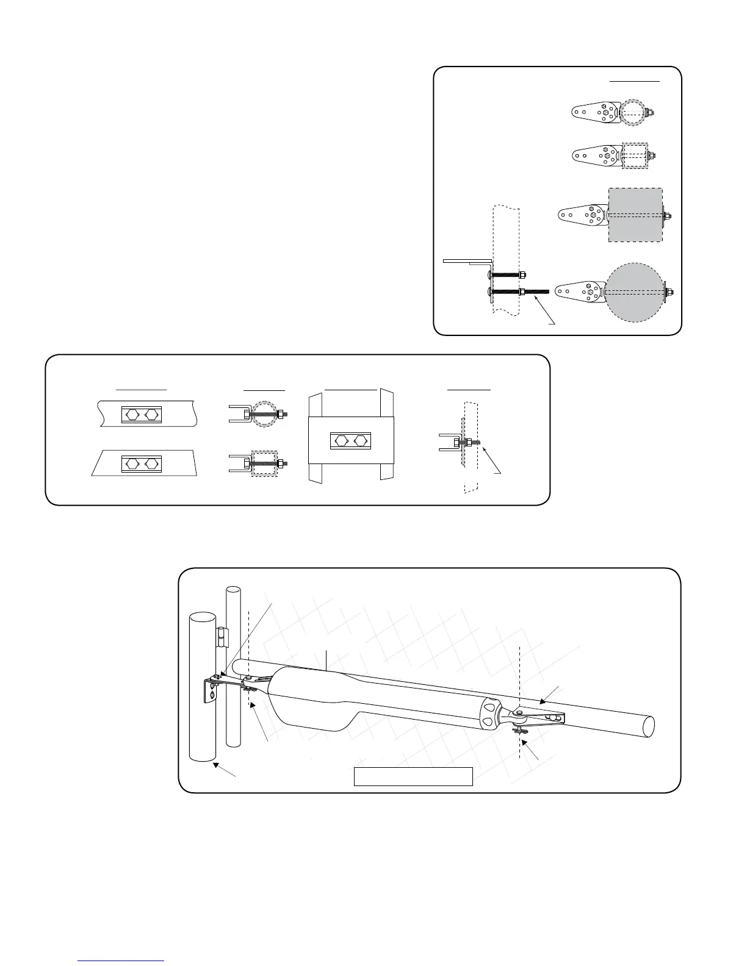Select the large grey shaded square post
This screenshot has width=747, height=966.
click(635, 215)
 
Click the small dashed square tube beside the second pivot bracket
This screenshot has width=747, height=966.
click(633, 156)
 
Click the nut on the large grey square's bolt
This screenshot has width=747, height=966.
click(669, 215)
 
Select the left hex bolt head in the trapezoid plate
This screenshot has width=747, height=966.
click(132, 463)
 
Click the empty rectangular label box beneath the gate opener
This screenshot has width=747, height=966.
click(414, 776)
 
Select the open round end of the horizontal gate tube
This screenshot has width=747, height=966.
click(648, 726)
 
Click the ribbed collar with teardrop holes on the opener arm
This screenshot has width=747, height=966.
click(489, 714)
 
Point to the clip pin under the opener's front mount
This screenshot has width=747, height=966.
click(521, 729)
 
